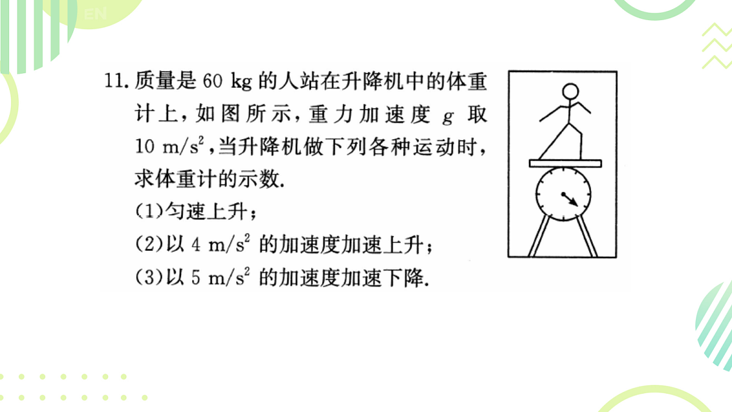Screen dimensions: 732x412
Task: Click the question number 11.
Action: [115, 81]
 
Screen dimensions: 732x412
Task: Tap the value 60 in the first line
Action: [213, 81]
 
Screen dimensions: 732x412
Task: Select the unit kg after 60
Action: [242, 82]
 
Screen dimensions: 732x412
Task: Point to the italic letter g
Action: [448, 117]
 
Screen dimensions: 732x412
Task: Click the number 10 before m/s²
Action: [145, 146]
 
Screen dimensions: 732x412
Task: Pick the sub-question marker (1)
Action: [149, 211]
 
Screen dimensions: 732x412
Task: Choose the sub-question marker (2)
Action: [149, 244]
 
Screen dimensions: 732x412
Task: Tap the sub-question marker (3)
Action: [149, 277]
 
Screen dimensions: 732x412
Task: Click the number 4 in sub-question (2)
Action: [196, 245]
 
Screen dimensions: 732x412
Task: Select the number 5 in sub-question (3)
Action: [196, 278]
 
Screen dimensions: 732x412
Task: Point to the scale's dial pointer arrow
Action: [570, 200]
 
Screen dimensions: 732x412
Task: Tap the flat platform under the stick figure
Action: [565, 164]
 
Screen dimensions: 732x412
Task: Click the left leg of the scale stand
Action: [539, 236]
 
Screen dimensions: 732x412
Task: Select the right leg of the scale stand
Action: [587, 236]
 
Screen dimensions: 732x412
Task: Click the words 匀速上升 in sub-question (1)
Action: [206, 211]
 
